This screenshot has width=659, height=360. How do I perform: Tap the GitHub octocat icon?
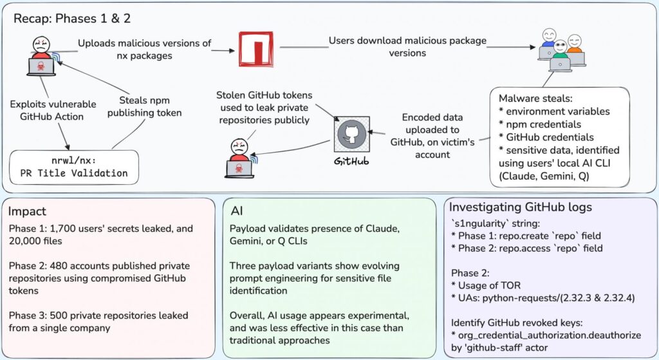pyautogui.click(x=351, y=133)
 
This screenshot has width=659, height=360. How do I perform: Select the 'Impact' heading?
pyautogui.click(x=27, y=211)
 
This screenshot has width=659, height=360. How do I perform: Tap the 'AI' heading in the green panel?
pyautogui.click(x=237, y=211)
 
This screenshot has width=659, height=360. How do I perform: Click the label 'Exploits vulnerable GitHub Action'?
pyautogui.click(x=53, y=110)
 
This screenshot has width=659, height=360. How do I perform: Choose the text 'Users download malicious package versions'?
pyautogui.click(x=408, y=46)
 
